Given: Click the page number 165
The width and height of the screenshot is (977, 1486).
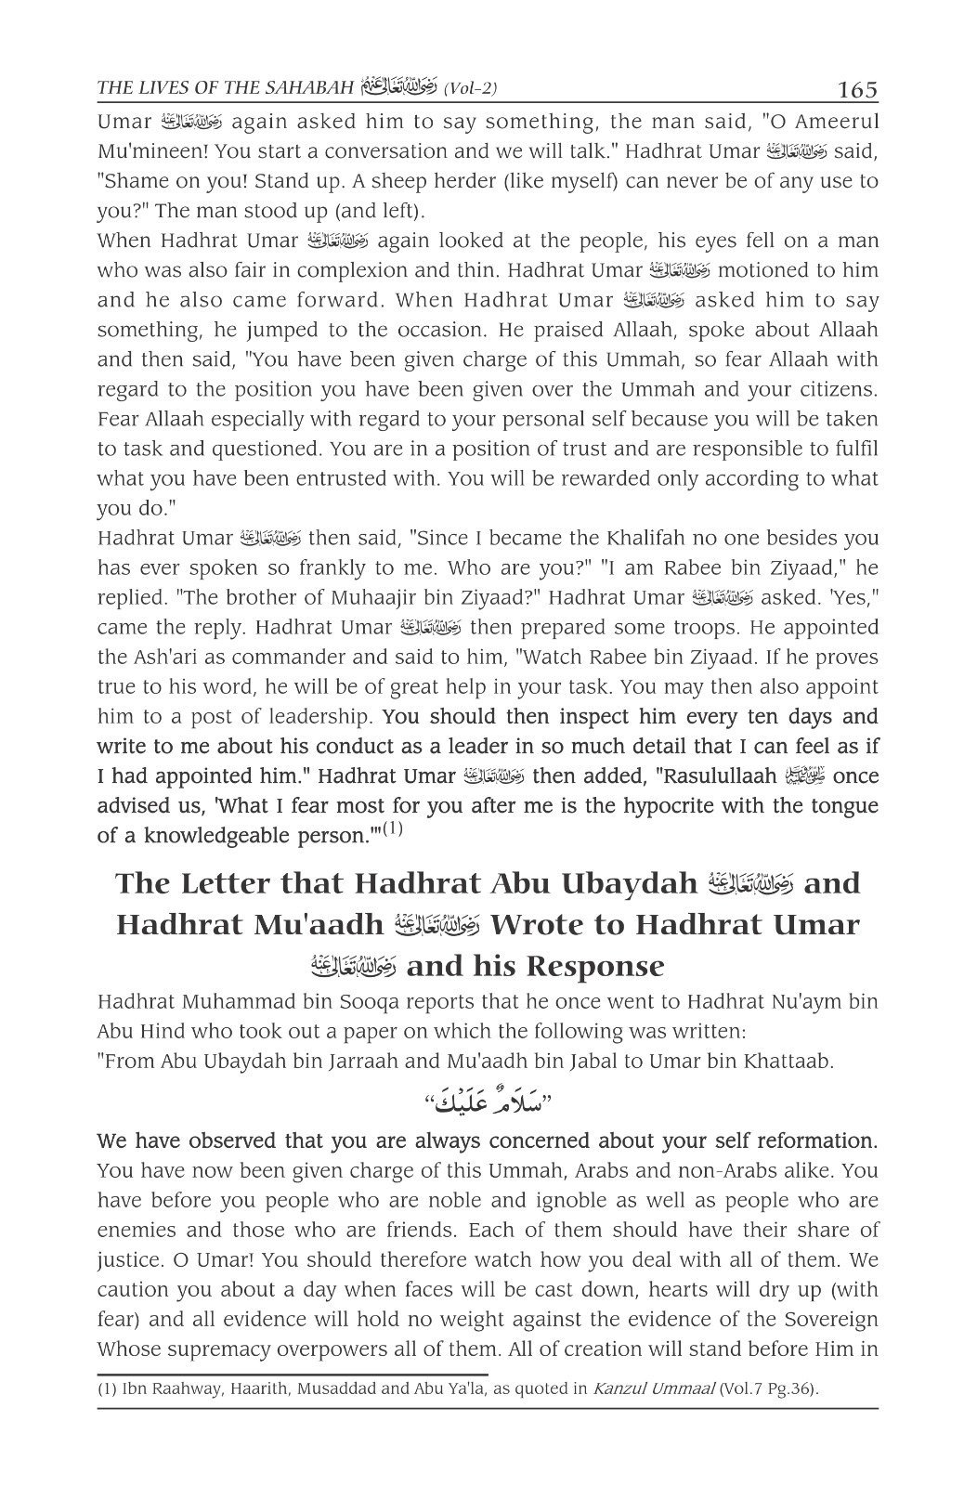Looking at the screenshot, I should click(856, 90).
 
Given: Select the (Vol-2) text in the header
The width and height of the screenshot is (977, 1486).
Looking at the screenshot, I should click(471, 90).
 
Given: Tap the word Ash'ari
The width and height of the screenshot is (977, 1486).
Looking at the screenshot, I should click(164, 658).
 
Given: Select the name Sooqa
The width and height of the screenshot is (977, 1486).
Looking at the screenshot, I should click(397, 1003).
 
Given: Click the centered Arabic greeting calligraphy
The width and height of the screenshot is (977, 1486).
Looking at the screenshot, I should click(488, 1102).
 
